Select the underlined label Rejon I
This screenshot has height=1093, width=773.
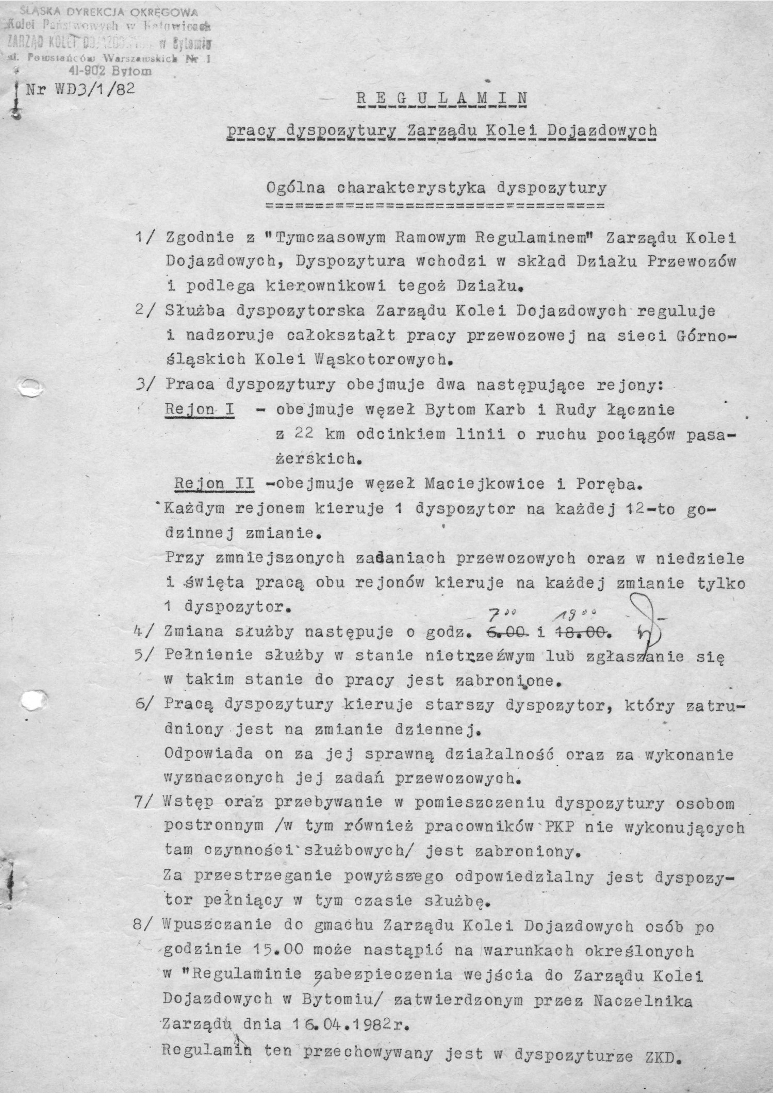coord(200,410)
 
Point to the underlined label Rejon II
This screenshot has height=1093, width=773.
coord(214,484)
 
